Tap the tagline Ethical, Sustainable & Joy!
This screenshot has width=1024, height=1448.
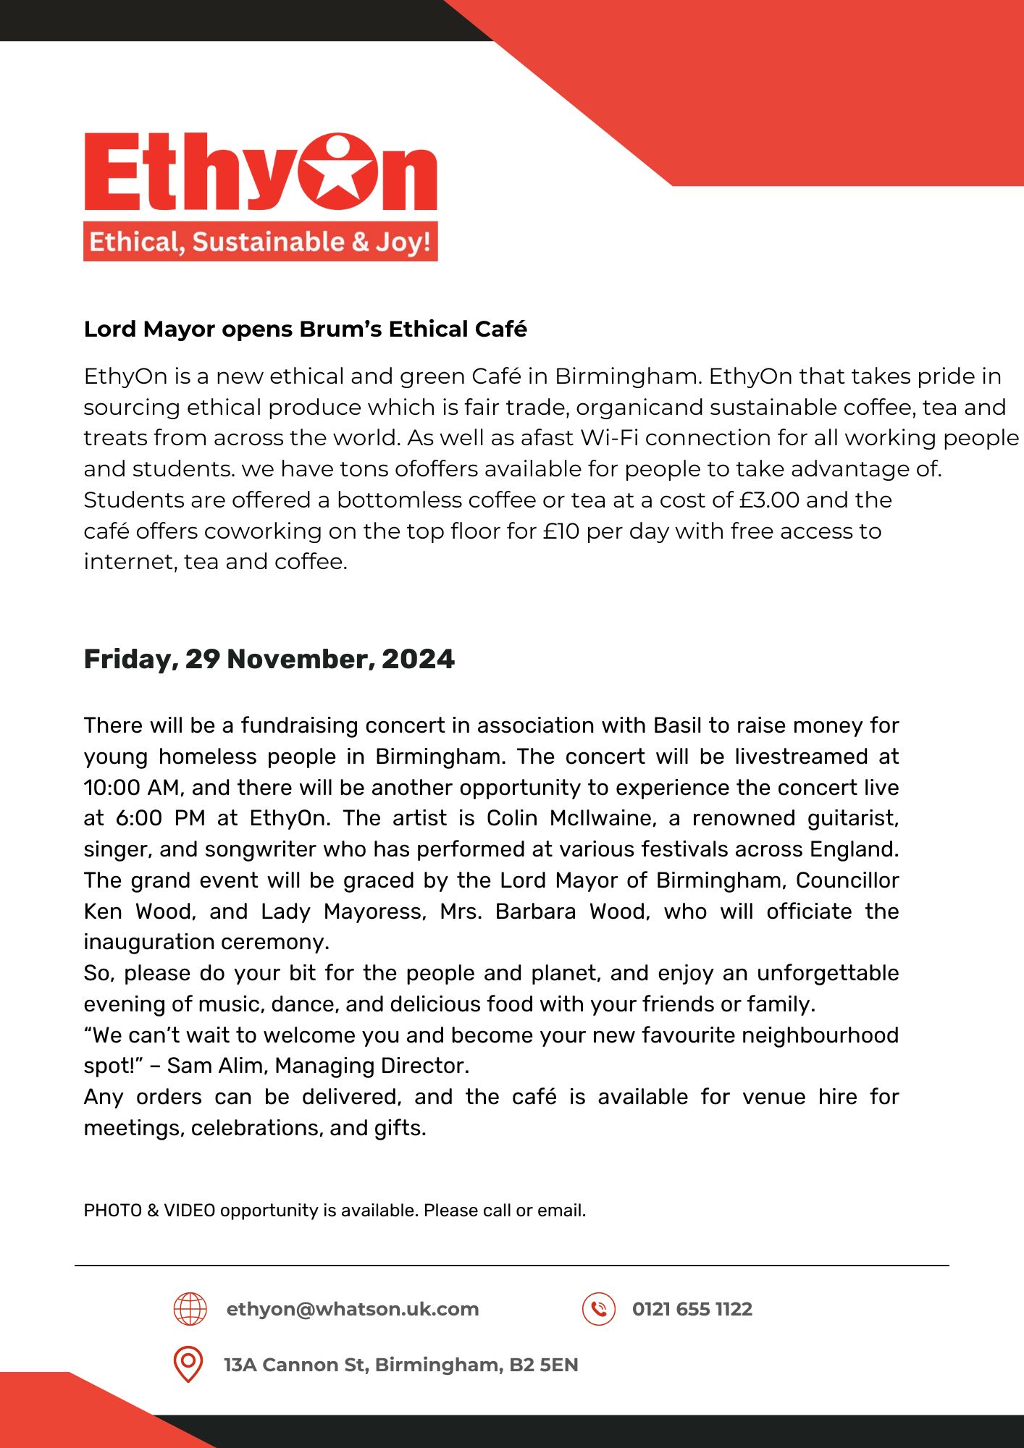pos(260,241)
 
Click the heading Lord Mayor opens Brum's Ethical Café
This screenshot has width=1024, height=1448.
pos(305,329)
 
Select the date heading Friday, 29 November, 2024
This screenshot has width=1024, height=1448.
pos(269,659)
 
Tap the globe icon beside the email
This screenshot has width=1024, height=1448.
pos(190,1309)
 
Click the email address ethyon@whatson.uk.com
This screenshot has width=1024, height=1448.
pos(353,1309)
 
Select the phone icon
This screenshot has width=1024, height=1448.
pos(598,1309)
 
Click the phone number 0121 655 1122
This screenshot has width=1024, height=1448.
pos(692,1309)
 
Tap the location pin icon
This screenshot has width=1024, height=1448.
pos(188,1364)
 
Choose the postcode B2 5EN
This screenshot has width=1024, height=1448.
pos(543,1365)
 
